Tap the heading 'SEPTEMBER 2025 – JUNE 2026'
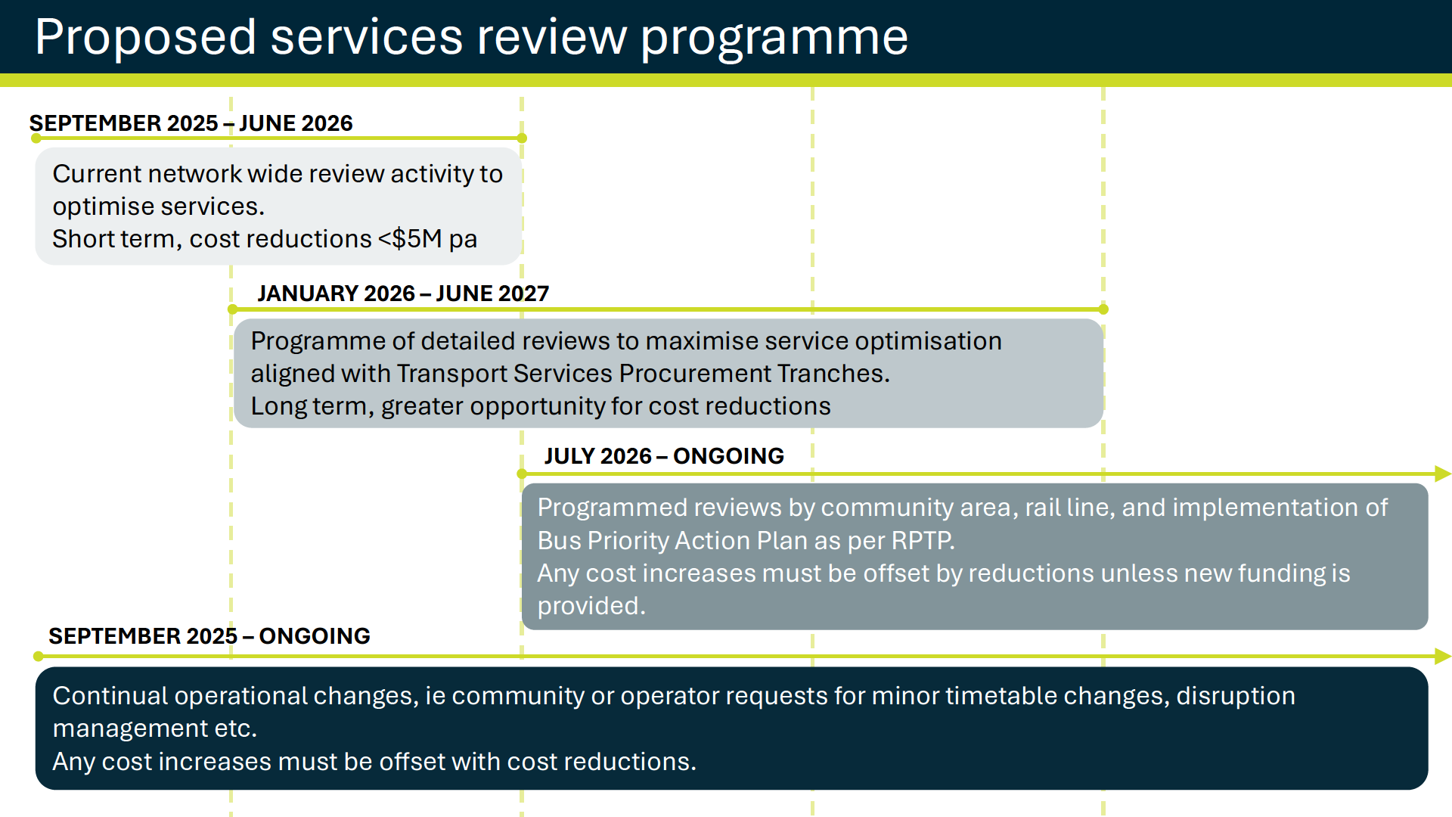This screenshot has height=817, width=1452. click(x=191, y=123)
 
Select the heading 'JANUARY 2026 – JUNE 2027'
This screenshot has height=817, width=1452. click(x=403, y=293)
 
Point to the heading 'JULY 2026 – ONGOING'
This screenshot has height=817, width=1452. click(x=664, y=455)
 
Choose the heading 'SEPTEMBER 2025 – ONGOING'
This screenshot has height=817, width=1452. click(x=209, y=635)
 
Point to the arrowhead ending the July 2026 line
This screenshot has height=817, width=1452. click(x=1443, y=474)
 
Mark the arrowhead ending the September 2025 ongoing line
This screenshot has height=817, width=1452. click(x=1443, y=656)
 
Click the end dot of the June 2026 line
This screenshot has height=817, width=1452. click(x=522, y=138)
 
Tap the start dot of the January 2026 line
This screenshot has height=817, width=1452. click(x=232, y=309)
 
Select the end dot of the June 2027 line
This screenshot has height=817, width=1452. click(x=1103, y=309)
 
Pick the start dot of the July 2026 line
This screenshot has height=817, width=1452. click(x=522, y=474)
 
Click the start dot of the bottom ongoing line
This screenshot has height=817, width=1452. click(x=39, y=656)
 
